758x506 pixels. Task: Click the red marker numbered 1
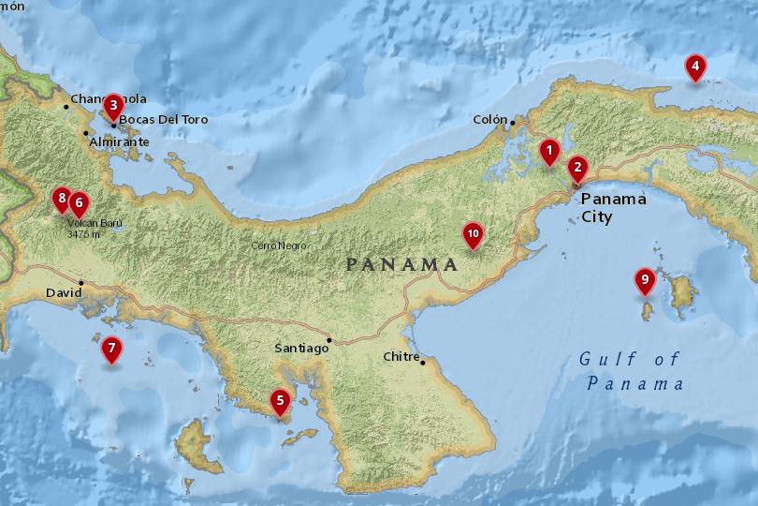point(549,150)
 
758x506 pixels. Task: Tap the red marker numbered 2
point(577,169)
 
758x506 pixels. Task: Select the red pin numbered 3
point(112,105)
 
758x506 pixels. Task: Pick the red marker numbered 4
point(694,67)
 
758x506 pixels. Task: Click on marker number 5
point(279,401)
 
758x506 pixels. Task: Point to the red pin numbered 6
point(79,201)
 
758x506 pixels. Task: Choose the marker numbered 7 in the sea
point(111,350)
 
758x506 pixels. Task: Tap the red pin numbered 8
point(62,198)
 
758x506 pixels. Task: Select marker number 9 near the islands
point(644,280)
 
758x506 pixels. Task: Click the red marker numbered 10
point(473,233)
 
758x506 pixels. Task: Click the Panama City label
point(613,208)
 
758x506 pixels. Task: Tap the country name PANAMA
point(401,264)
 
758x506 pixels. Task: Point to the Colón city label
point(488,120)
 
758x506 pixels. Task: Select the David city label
point(63,293)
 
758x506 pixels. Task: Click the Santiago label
point(301,349)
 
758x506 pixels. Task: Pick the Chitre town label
point(401,357)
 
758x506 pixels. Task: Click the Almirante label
point(119,142)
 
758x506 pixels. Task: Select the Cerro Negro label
point(278,246)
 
